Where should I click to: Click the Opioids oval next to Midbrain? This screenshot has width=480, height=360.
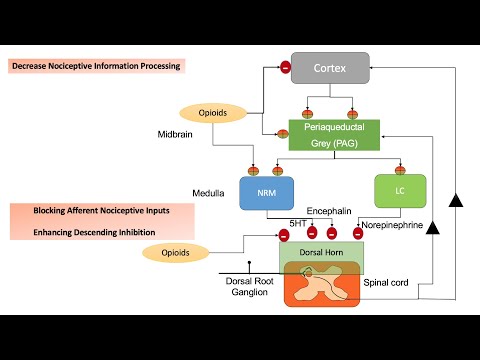pos(212,113)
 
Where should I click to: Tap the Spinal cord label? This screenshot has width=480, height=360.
pos(387,282)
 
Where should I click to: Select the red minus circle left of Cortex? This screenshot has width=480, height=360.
pos(285,68)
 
